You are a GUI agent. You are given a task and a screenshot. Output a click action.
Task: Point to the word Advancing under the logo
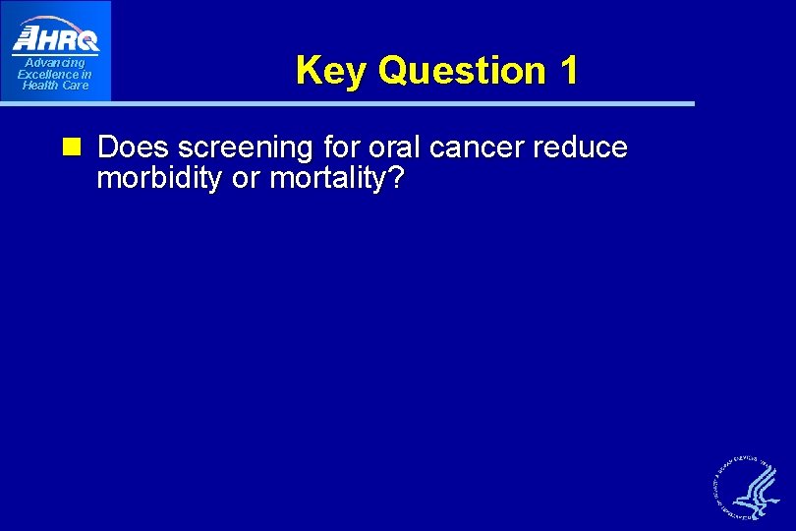pyautogui.click(x=55, y=64)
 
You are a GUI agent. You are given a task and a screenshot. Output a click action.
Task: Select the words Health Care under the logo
pyautogui.click(x=55, y=86)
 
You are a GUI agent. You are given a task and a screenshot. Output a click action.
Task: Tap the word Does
pyautogui.click(x=134, y=147)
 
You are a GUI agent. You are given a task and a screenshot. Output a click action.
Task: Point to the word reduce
pyautogui.click(x=585, y=147)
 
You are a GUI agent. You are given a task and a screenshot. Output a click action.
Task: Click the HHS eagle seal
pyautogui.click(x=750, y=487)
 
